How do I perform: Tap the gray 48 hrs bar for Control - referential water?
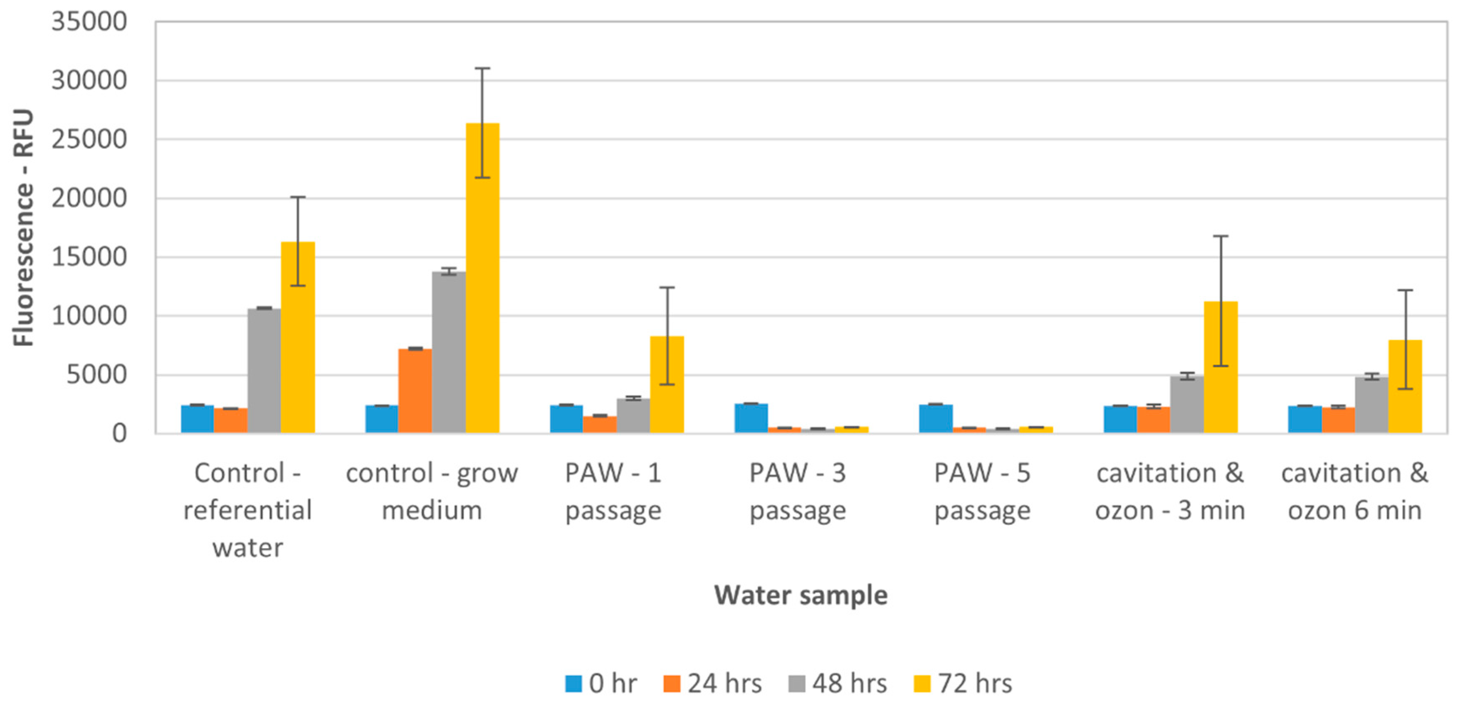point(264,370)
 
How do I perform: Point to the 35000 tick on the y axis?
point(89,22)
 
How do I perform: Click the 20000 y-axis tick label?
point(89,198)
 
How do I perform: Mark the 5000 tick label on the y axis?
point(96,375)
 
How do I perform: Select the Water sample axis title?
point(801,595)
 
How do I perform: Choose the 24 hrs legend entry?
point(712,683)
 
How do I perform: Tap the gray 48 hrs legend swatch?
point(797,683)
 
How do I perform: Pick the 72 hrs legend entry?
point(963,683)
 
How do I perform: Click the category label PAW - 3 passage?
point(797,491)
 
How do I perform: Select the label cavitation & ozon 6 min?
point(1354,491)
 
